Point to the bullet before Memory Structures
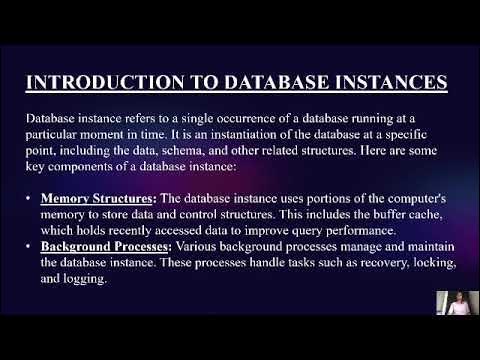(30, 198)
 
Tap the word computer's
(421, 198)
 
